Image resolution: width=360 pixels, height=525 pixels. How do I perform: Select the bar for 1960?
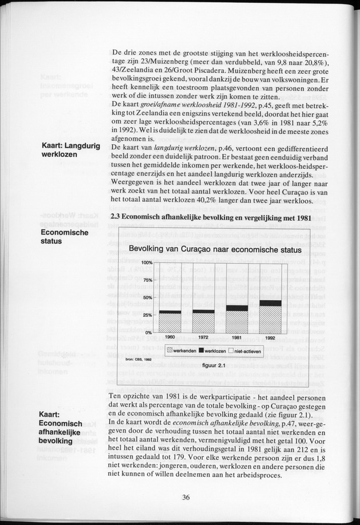[x=170, y=323]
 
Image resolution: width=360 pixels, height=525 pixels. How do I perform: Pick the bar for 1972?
[x=203, y=322]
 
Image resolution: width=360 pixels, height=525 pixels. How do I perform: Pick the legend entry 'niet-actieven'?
[x=243, y=349]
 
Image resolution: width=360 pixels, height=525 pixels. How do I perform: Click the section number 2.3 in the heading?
[x=114, y=217]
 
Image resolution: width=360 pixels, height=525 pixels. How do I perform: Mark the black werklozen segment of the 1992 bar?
[x=270, y=303]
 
